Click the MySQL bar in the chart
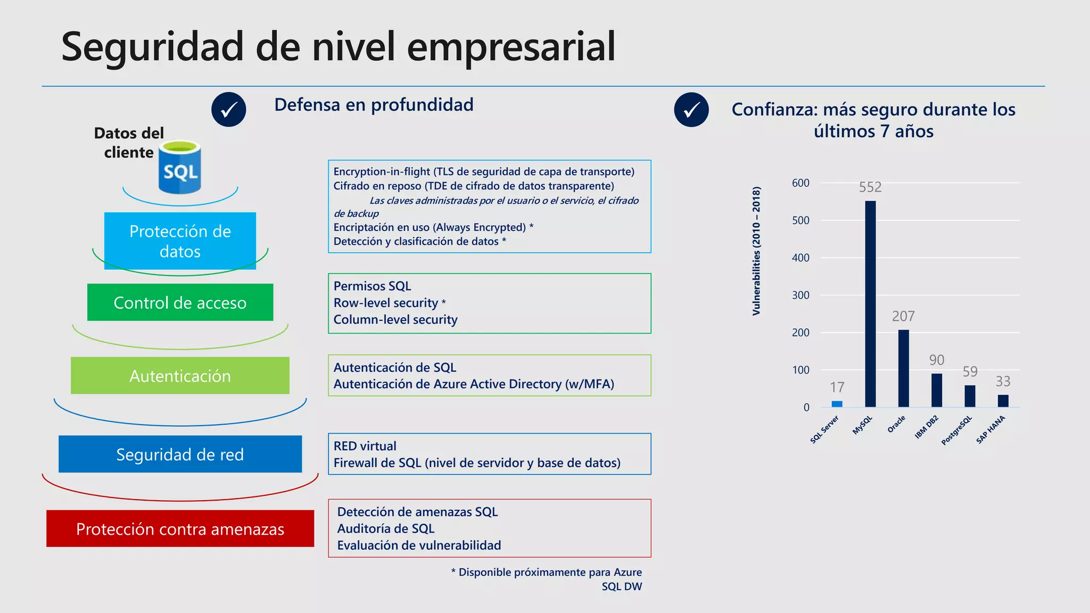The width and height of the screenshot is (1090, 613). pos(870,304)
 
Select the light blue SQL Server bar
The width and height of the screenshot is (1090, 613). pos(837,404)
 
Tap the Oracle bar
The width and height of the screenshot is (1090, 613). pos(903,368)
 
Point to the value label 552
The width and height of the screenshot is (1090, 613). pos(870,187)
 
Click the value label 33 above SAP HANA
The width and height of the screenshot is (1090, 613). pos(1003,382)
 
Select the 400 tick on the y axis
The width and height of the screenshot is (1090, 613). pos(800,258)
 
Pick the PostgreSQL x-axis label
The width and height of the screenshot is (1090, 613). pos(957,430)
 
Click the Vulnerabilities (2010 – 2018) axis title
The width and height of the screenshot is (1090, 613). pos(756,251)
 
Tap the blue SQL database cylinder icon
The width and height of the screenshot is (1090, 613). pos(180,167)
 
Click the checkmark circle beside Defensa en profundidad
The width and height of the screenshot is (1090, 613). pos(229,110)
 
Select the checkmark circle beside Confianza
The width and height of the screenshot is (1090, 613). pos(691,110)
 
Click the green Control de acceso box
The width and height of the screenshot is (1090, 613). pos(180,302)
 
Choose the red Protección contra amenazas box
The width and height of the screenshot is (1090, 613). pos(180,528)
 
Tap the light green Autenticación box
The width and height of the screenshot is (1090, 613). pos(180,376)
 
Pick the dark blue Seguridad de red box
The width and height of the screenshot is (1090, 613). pos(180,454)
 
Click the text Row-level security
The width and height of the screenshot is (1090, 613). pos(386,303)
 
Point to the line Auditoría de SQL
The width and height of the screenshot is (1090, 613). pos(386,528)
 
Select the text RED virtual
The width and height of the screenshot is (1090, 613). pos(365,446)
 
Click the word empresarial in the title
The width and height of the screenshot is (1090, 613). pos(511,47)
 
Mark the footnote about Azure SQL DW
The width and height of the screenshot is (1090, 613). pos(548,579)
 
